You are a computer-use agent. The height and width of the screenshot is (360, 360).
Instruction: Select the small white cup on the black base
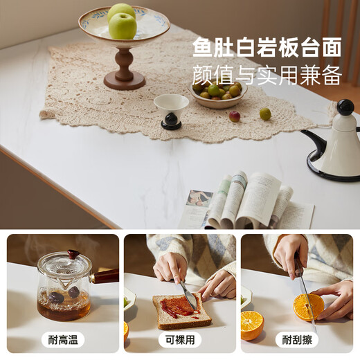click(171, 111)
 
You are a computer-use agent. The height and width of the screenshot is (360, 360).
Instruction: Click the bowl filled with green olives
click(217, 93)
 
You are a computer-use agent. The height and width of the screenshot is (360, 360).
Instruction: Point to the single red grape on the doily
click(235, 116)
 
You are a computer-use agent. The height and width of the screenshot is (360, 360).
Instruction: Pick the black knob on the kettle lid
click(345, 107)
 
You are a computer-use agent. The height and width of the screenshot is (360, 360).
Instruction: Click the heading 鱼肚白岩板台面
click(267, 47)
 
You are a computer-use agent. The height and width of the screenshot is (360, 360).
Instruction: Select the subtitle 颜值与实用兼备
click(267, 75)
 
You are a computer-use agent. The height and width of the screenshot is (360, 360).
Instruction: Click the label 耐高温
click(63, 340)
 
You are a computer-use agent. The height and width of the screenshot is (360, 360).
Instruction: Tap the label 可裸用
click(180, 340)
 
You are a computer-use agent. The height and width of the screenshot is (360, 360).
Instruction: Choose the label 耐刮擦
click(297, 340)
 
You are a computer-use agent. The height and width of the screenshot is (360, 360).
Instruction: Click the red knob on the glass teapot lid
click(74, 254)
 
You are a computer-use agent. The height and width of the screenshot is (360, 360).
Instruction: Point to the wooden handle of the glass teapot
click(105, 276)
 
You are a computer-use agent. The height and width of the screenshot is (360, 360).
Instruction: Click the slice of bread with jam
click(181, 310)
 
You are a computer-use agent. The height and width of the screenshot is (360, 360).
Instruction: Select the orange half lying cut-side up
click(252, 325)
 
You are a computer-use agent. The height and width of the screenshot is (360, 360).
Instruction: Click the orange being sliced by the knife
click(309, 307)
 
